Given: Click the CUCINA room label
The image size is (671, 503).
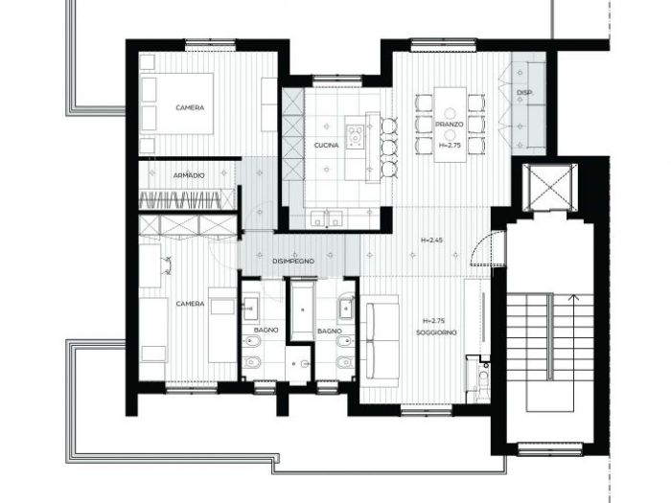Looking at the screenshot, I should coord(327,146).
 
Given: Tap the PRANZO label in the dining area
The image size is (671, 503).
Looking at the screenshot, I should coord(450,125).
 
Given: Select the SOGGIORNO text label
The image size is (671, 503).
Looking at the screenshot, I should coord(436,332).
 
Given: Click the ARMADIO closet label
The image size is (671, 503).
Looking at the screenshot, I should coord(189,176).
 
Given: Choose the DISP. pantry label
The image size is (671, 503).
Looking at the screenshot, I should coord(524,93).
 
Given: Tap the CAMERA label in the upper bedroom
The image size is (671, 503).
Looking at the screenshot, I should coord(190,108).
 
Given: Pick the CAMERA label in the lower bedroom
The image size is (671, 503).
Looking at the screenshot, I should coord(190,304).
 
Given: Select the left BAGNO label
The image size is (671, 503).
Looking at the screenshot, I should coord(266,331).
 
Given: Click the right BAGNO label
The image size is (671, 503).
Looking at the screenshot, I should coord(329,331).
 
